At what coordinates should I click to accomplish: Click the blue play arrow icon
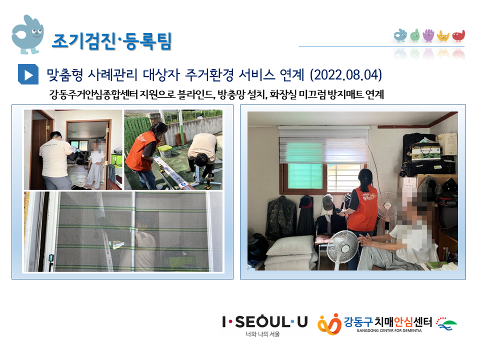pyautogui.click(x=28, y=74)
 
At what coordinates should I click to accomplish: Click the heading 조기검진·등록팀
pyautogui.click(x=111, y=41)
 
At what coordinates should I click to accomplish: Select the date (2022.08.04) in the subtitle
pyautogui.click(x=346, y=74)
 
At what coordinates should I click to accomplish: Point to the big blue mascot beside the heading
pyautogui.click(x=27, y=34)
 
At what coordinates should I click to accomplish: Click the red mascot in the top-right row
pyautogui.click(x=458, y=36)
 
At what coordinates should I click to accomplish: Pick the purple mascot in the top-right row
pyautogui.click(x=428, y=35)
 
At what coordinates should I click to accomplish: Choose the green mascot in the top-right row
pyautogui.click(x=415, y=36)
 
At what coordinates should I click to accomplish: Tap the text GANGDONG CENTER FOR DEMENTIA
pyautogui.click(x=389, y=330)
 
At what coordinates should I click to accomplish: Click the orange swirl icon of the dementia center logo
pyautogui.click(x=329, y=324)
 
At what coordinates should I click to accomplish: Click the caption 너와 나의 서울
pyautogui.click(x=262, y=334)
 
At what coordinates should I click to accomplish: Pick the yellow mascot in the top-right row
pyautogui.click(x=443, y=36)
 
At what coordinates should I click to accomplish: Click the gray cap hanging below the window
pyautogui.click(x=328, y=201)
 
